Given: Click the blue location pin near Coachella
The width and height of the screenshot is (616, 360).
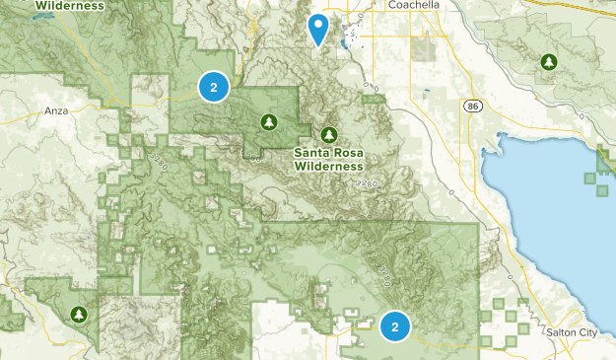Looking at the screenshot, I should point(317,29).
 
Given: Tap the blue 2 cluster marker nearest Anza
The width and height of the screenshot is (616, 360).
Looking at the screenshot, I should point(213,87).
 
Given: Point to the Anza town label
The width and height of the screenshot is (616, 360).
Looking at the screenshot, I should point(57,110).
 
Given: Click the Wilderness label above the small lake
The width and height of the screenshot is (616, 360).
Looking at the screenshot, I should point(68,5).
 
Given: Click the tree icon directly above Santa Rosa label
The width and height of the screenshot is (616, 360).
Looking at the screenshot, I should point(328,134).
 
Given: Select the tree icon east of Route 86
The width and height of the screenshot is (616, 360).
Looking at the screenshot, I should point(548,62).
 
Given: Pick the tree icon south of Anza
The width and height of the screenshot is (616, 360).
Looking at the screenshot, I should point(79,315).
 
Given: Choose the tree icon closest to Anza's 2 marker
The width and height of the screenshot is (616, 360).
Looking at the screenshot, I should point(267,121).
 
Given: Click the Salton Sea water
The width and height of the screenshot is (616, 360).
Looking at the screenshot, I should point(552,217).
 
